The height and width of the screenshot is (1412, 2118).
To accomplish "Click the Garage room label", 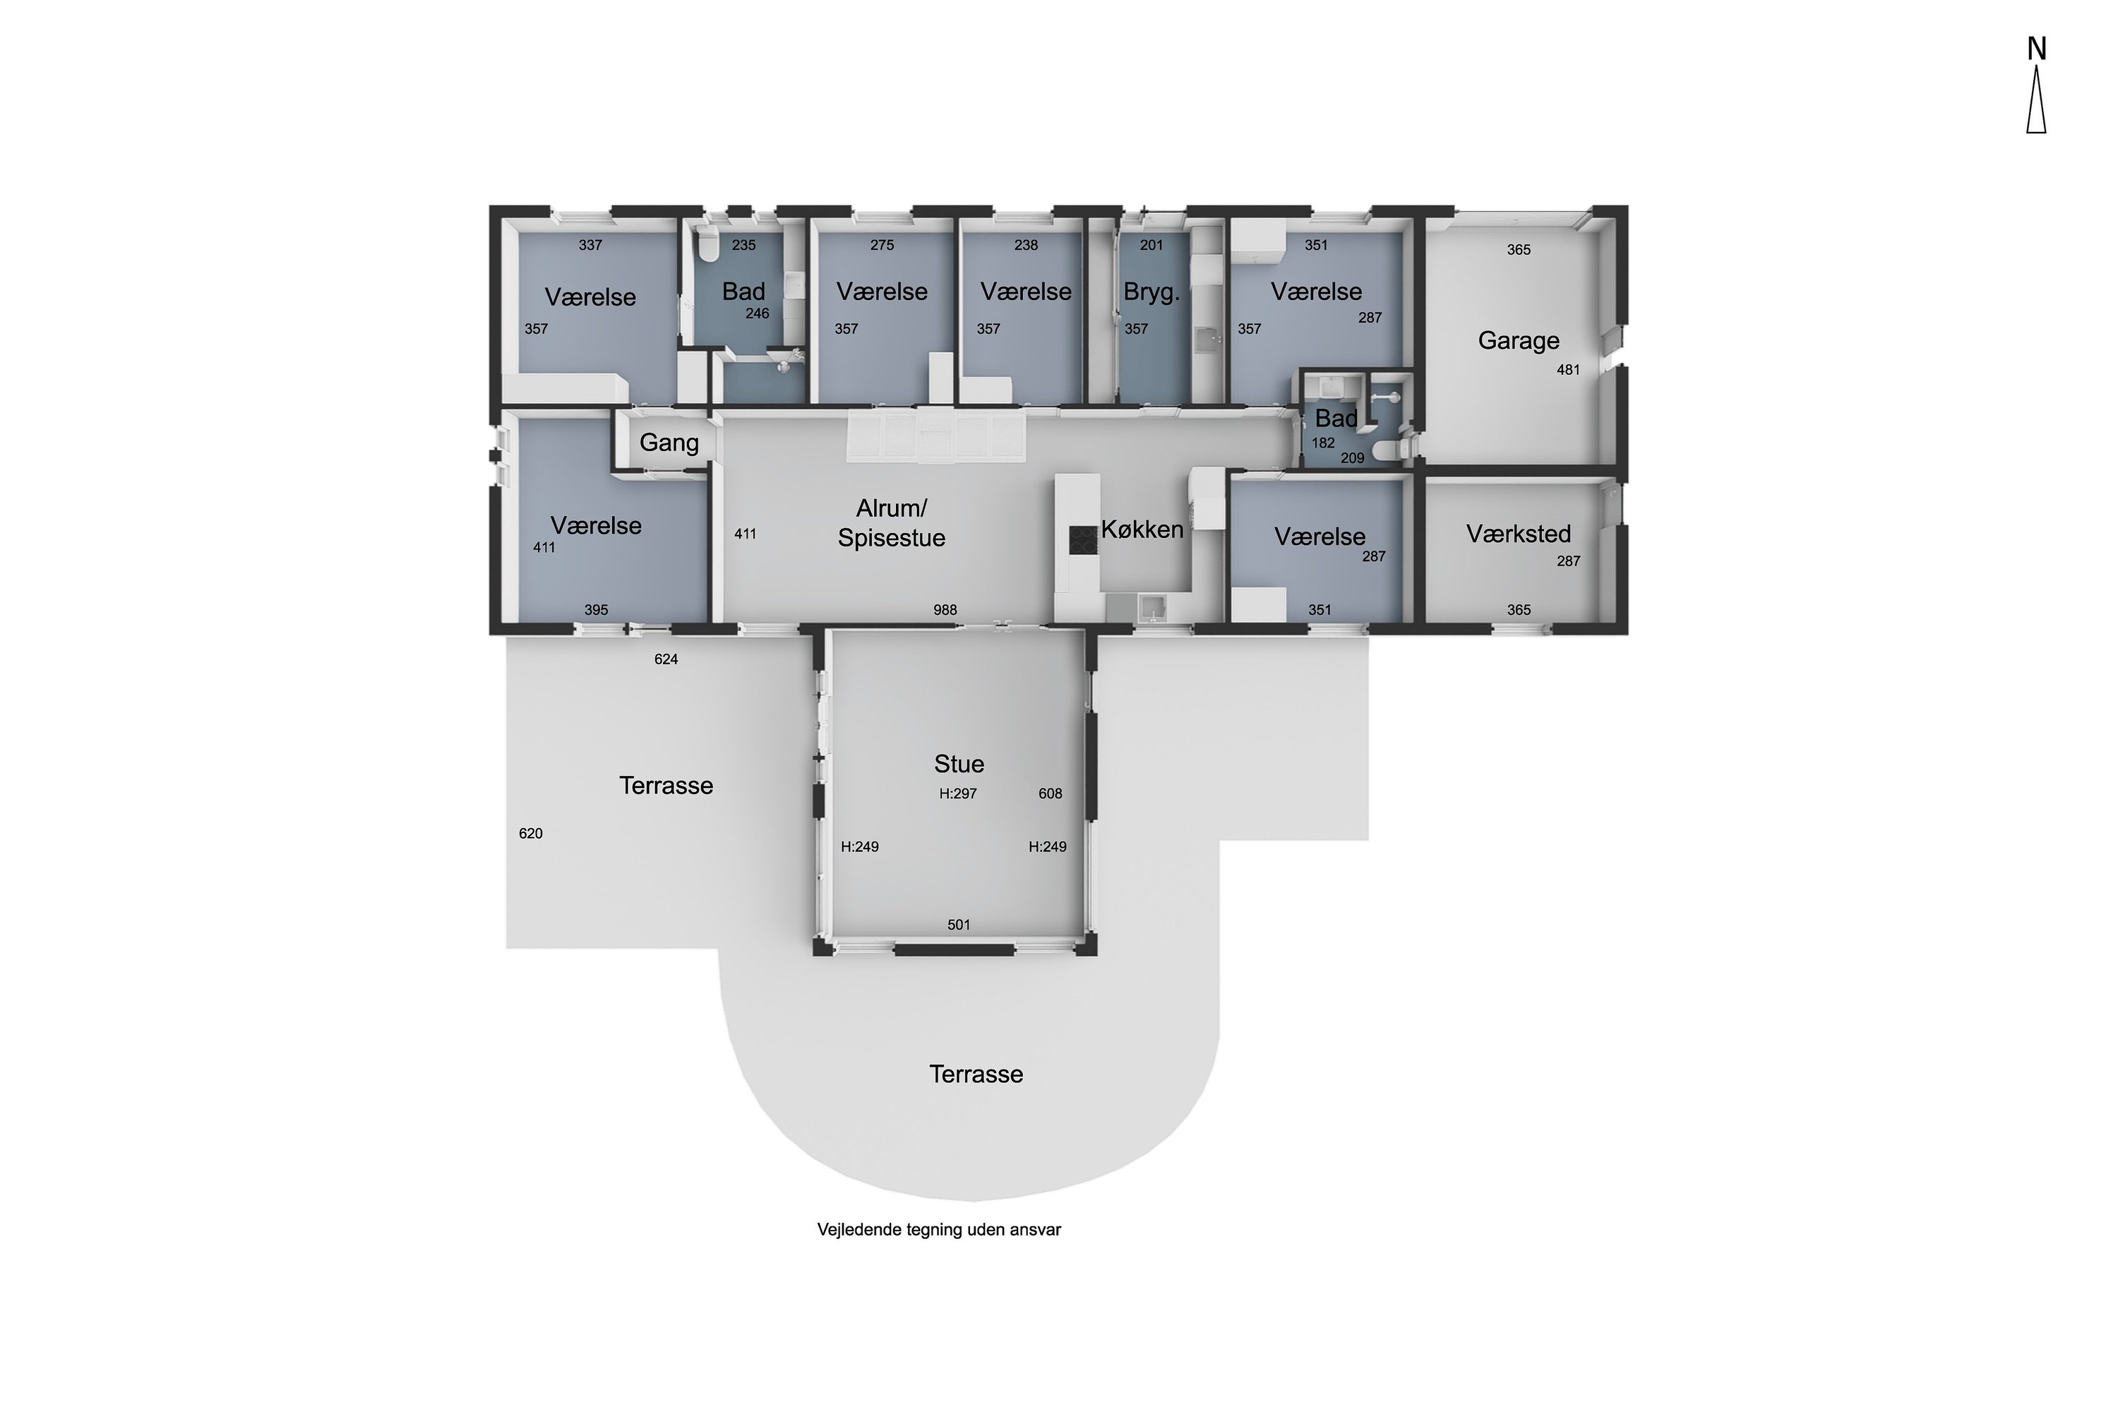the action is click(1519, 340).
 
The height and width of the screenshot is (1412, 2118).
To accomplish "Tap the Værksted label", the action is click(1519, 534).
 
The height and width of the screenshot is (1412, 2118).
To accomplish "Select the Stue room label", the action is click(959, 764).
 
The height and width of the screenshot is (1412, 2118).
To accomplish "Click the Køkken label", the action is click(1142, 529).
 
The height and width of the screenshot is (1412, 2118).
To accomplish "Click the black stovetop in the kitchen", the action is click(1082, 540).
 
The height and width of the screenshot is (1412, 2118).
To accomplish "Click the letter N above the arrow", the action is click(2036, 49).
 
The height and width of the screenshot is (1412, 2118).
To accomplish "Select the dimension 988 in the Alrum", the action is click(945, 610).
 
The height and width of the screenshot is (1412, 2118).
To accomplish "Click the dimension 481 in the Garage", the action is click(1568, 369).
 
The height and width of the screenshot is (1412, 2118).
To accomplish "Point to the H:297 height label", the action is click(957, 794).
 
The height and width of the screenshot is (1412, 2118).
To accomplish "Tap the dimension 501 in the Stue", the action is click(958, 925).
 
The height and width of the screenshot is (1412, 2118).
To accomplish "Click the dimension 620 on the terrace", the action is click(530, 834).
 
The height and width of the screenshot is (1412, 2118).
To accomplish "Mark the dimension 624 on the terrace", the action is click(666, 659).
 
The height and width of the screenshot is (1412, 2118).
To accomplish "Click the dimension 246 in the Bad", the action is click(758, 313).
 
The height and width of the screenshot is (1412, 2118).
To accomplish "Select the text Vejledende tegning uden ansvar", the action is click(939, 1229).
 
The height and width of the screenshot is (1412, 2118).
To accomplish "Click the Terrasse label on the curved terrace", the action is click(976, 1075).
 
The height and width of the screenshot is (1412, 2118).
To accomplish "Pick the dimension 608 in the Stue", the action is click(1050, 794).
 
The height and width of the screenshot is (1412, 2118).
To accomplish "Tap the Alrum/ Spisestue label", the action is click(892, 523).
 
